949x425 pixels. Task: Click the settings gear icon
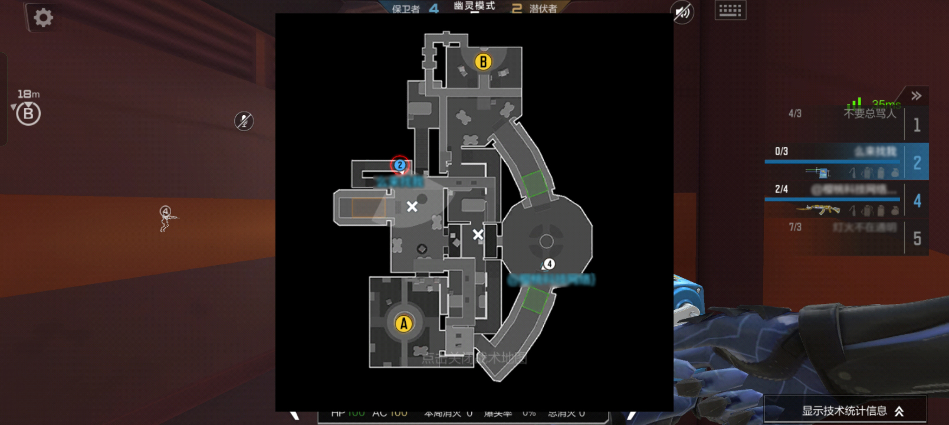[x=43, y=18]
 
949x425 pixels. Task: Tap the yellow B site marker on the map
[x=483, y=62]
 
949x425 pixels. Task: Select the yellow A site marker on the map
[x=404, y=323]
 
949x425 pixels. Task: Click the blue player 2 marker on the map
[x=400, y=165]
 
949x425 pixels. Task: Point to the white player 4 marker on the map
[x=549, y=264]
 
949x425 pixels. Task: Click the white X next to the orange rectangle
[x=412, y=206]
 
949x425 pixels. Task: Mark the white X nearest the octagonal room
[x=478, y=235]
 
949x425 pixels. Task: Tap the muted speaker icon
[x=683, y=13]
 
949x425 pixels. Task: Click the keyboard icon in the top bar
[x=730, y=11]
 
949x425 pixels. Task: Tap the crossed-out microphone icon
[x=244, y=121]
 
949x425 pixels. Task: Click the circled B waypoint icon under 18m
[x=28, y=114]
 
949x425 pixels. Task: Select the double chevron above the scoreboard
[x=916, y=96]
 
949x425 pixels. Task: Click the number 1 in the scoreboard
[x=917, y=125]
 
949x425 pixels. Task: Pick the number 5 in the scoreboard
[x=917, y=238]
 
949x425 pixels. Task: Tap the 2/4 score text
[x=781, y=189]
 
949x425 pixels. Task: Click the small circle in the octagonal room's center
[x=546, y=241]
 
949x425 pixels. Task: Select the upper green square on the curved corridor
[x=534, y=183]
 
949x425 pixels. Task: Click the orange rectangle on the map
[x=368, y=207]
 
